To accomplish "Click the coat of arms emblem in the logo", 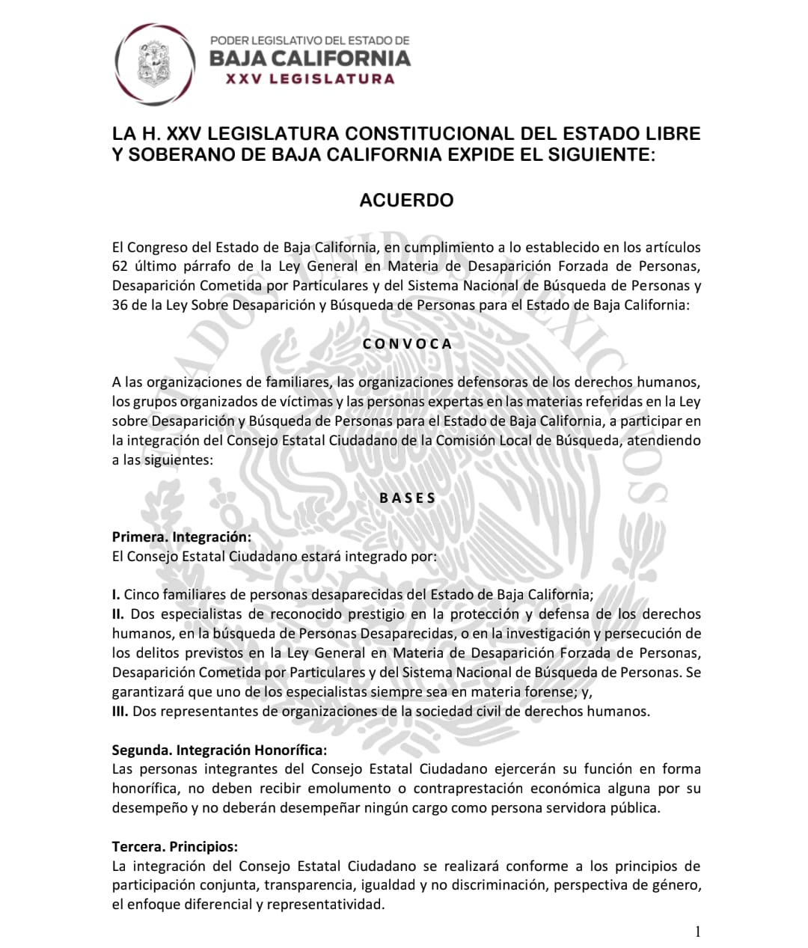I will [x=156, y=64].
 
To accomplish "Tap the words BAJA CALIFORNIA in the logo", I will [x=310, y=58].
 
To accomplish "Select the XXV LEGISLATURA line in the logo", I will [x=310, y=79].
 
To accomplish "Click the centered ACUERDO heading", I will [x=406, y=201].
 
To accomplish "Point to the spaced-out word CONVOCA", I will [x=407, y=343].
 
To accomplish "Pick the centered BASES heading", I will [x=407, y=498].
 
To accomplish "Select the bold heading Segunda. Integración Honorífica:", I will [x=219, y=750].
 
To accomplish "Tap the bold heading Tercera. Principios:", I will [x=175, y=847].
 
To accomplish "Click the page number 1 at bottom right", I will [x=698, y=932].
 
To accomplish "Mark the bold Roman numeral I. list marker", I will [x=116, y=595].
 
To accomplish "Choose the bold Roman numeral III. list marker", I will [x=120, y=712].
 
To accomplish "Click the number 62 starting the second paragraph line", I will [x=120, y=266].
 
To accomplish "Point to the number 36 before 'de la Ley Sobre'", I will [x=120, y=305].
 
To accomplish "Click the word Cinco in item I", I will [x=141, y=595].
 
